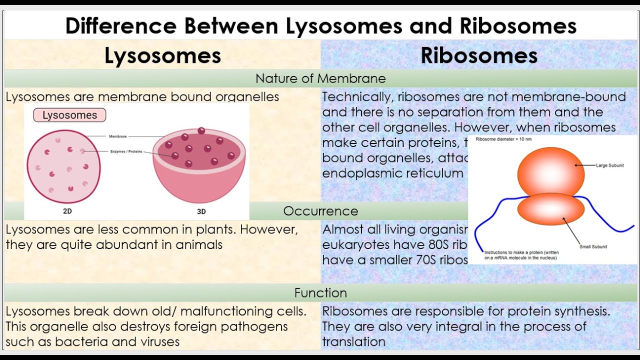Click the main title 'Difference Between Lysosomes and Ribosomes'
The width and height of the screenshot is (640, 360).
coord(320,26)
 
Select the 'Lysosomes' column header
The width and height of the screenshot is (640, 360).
coord(162,55)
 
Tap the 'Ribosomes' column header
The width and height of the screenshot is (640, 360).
coord(479,55)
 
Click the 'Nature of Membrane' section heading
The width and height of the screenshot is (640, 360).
coord(320,78)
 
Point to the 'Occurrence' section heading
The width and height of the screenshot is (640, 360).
coord(320,211)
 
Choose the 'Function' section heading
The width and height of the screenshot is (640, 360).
coord(320,292)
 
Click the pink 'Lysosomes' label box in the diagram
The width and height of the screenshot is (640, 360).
coord(69,115)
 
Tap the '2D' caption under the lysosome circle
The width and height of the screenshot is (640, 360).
coord(67,211)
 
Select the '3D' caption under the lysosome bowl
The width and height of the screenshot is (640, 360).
coord(201,211)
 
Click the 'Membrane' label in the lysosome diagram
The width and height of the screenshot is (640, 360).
coord(118,136)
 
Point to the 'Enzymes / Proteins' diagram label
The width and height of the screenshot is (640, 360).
coord(126,151)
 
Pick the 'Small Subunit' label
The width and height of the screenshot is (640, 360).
coord(593,246)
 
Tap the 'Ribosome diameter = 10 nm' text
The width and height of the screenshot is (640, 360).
coord(503,139)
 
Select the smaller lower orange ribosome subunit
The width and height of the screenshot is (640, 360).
coord(550,212)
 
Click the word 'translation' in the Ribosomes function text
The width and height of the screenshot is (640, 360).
coord(353,342)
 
